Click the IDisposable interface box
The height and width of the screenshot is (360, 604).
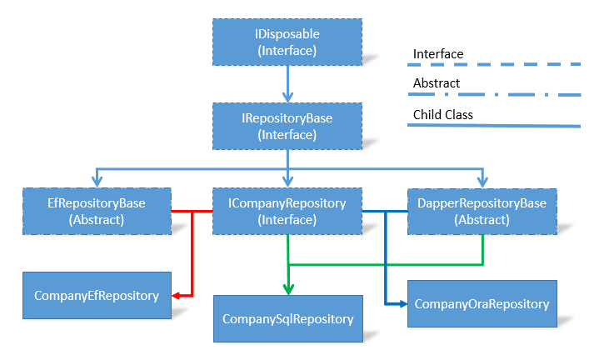tap(287, 42)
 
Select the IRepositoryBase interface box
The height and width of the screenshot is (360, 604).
tap(287, 127)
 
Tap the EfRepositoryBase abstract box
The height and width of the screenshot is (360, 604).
tap(97, 211)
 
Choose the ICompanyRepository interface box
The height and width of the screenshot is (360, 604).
tap(287, 211)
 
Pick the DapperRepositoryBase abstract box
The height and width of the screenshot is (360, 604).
tap(482, 212)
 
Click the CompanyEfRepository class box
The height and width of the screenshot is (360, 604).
tap(97, 295)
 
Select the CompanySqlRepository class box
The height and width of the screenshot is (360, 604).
tap(288, 319)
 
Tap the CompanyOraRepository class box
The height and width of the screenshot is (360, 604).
tap(482, 303)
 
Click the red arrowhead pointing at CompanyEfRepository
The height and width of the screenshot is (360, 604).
tap(176, 296)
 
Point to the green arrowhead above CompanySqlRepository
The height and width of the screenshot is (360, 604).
tap(288, 290)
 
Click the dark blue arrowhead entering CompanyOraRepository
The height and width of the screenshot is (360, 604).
tap(403, 304)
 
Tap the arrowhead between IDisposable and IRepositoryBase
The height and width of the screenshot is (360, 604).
tap(287, 97)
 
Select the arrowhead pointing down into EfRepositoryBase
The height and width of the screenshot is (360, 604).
tap(97, 182)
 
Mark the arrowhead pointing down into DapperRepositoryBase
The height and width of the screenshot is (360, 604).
tap(482, 182)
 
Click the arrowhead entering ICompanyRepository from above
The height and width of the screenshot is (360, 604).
tap(287, 182)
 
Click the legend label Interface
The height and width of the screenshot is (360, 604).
tap(438, 54)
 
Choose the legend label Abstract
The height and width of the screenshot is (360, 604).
tap(437, 82)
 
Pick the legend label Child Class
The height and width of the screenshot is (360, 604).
tap(443, 114)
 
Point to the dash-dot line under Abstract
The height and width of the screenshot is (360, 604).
tap(494, 94)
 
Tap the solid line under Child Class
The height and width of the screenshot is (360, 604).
tap(494, 125)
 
